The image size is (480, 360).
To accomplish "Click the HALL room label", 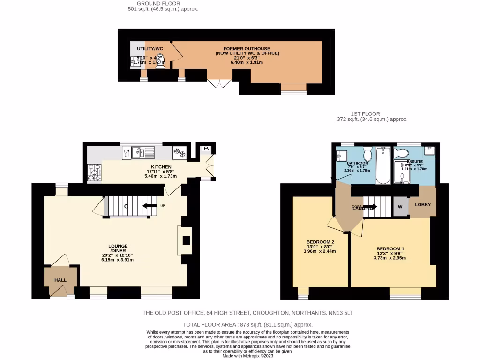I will click(x=60, y=280).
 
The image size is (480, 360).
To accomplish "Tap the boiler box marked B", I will click(x=206, y=149).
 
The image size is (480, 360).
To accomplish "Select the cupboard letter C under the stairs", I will click(x=126, y=206).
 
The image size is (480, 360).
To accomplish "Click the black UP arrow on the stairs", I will click(x=150, y=206).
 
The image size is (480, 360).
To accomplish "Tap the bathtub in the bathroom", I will click(x=383, y=165).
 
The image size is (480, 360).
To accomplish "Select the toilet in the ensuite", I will click(x=402, y=152).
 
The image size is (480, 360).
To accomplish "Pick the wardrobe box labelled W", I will click(x=400, y=206).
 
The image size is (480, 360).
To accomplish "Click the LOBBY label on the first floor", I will click(x=423, y=205).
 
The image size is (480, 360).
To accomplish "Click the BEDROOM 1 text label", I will click(x=390, y=249).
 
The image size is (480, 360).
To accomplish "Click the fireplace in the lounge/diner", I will click(x=186, y=240).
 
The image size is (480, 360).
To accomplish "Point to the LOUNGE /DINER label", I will click(x=118, y=248).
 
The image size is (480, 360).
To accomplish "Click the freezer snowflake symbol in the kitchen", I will click(x=180, y=152).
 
